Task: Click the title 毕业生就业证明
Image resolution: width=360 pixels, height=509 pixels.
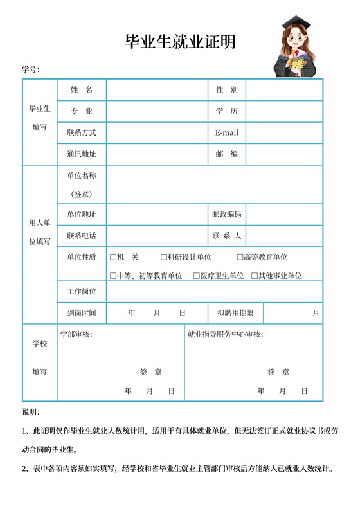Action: coord(180,42)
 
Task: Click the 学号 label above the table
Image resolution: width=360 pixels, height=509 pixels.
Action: coord(31,69)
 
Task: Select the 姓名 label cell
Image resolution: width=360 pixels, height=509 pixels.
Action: coord(82,90)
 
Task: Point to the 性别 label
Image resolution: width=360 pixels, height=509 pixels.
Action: coord(227,90)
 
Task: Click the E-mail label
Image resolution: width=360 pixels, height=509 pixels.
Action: coord(227,133)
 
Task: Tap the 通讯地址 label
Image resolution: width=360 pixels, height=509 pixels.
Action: coord(82,154)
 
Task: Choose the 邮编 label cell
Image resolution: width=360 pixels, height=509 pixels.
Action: coord(227,154)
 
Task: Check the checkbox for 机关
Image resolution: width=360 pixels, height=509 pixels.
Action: coord(113,257)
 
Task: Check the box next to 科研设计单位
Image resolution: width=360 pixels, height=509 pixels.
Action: coord(164,257)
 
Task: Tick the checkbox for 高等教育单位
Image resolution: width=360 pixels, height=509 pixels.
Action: coord(240,257)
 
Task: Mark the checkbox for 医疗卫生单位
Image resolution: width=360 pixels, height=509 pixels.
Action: coord(197,276)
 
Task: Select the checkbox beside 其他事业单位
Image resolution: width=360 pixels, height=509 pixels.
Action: coord(254,276)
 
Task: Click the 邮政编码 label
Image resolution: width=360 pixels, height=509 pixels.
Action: coord(227,214)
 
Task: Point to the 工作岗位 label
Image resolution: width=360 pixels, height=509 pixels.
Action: coord(82,292)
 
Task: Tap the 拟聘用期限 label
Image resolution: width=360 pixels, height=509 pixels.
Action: coord(235,313)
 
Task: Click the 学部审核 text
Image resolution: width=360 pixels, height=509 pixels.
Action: coord(76,334)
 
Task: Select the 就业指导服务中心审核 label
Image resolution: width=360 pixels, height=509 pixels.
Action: coord(225,334)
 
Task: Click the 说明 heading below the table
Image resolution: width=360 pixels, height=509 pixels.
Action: coord(31,411)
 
